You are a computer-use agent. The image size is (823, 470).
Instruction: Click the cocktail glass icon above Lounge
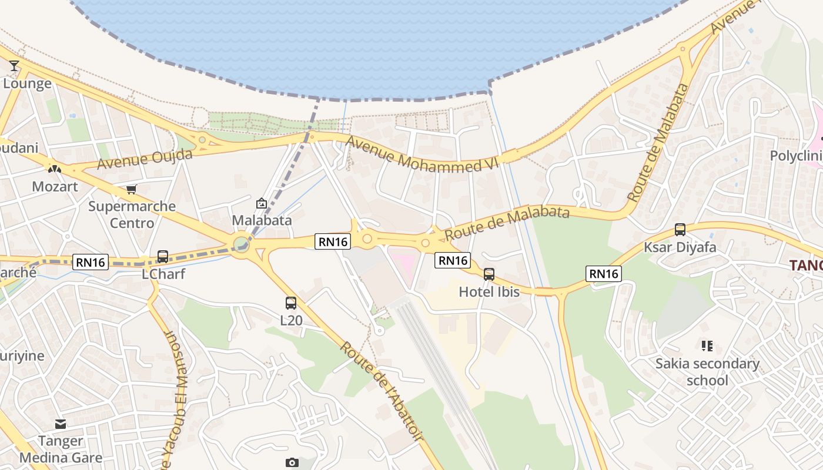pos(14,65)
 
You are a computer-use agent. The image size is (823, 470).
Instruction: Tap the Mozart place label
pos(55,187)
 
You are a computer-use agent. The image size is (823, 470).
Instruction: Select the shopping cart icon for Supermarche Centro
pos(132,190)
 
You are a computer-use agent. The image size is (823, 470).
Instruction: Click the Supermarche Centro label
pos(132,214)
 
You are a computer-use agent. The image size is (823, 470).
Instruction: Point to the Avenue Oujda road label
pos(145,159)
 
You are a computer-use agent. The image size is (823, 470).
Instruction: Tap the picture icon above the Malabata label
pos(262,204)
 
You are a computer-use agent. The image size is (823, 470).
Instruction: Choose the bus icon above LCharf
pos(163,257)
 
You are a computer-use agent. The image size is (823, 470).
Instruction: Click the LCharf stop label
pos(163,274)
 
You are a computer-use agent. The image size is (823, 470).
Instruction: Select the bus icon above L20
pos(291,303)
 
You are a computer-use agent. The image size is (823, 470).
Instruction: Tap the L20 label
pos(291,320)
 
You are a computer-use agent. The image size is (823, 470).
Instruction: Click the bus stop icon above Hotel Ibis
pos(489,274)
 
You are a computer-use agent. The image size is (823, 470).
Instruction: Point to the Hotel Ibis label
pos(489,291)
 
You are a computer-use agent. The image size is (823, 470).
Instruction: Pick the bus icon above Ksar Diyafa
pos(680,230)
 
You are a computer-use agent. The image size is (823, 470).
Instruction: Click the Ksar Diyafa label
pos(680,247)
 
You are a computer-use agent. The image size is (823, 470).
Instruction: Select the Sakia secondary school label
pos(707,372)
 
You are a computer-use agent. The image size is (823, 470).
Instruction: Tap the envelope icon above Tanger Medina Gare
pos(61,424)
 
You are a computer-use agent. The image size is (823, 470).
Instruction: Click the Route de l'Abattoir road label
pos(381,391)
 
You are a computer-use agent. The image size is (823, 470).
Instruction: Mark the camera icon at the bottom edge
pos(292,462)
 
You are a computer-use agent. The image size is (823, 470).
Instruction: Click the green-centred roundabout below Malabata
pos(240,243)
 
